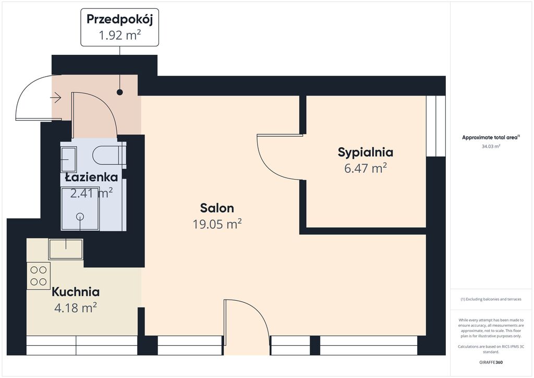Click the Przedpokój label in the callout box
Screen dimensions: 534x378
point(119,19)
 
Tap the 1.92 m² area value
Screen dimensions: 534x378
point(120,35)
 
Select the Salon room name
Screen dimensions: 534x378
point(217,208)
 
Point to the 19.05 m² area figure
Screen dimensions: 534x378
point(217,224)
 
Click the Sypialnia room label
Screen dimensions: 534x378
point(366,152)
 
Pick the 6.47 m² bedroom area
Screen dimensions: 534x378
point(366,169)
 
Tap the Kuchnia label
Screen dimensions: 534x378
point(76,292)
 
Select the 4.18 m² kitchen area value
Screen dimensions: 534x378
point(76,308)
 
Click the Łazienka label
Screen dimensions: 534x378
point(91,177)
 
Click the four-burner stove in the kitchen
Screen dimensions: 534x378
point(39,276)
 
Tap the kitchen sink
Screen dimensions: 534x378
point(66,249)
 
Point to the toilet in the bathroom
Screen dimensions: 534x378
point(109,155)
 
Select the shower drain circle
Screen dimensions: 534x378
point(80,216)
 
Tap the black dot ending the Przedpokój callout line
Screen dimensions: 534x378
point(119,92)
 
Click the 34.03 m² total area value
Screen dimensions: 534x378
point(491,147)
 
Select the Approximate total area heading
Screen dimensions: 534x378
point(491,138)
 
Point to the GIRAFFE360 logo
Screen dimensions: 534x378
point(491,362)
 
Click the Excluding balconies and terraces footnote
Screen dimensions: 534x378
point(491,299)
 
